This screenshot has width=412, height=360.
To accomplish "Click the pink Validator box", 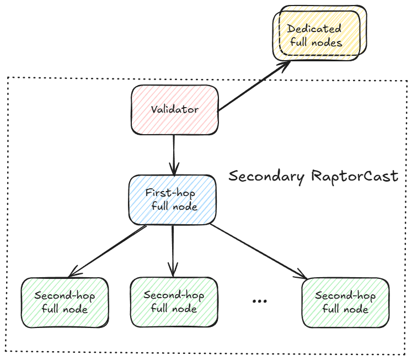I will [x=174, y=109].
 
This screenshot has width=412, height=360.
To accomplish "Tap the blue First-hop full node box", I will [x=172, y=200].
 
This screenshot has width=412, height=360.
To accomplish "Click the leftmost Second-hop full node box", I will [x=65, y=303].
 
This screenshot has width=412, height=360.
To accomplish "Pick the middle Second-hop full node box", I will [x=174, y=301].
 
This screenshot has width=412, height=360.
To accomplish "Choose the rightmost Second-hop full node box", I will [x=346, y=303].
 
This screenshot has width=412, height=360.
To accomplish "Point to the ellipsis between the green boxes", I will [x=259, y=301].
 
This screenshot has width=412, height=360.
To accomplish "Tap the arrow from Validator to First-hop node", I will [x=174, y=152].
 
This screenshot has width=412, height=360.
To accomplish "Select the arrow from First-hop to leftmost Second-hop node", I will [x=108, y=251].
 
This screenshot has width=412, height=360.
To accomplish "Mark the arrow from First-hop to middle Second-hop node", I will [x=173, y=248].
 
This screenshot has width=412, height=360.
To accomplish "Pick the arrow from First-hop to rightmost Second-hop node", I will [x=256, y=251].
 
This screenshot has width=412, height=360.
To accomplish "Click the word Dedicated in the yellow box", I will [x=314, y=29].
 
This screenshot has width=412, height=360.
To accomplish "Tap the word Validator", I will [x=174, y=109].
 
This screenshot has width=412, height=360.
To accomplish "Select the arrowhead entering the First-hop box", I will [x=175, y=168].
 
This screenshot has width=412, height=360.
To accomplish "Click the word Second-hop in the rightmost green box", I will [x=346, y=296].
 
